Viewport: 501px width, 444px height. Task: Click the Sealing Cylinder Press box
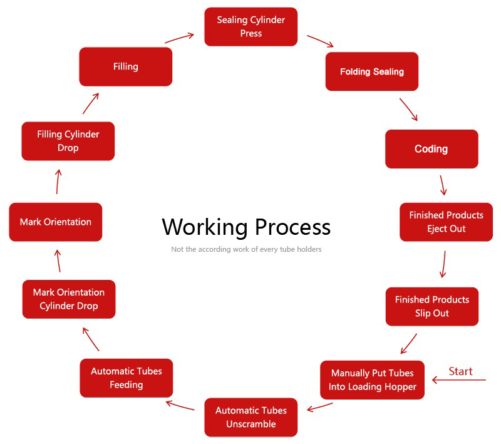click(x=250, y=26)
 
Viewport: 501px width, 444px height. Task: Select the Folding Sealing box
click(x=371, y=71)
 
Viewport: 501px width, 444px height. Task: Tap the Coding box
click(x=431, y=149)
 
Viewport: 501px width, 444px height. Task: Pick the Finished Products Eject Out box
click(x=446, y=222)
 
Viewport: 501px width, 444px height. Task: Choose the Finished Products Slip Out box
click(x=431, y=306)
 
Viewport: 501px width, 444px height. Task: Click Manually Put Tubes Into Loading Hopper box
click(x=372, y=379)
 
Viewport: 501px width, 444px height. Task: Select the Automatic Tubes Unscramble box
click(x=250, y=417)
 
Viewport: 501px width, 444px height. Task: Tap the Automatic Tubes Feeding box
click(x=126, y=378)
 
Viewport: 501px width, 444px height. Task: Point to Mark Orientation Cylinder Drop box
click(x=68, y=299)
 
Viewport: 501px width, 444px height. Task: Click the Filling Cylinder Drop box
click(x=68, y=141)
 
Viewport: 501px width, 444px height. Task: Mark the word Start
click(x=460, y=371)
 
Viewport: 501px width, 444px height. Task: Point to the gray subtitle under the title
click(x=246, y=249)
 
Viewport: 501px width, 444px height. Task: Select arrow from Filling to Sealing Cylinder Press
click(x=180, y=38)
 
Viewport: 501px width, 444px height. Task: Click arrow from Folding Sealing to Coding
click(x=408, y=109)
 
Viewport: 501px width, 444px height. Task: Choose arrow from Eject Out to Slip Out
click(x=443, y=264)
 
